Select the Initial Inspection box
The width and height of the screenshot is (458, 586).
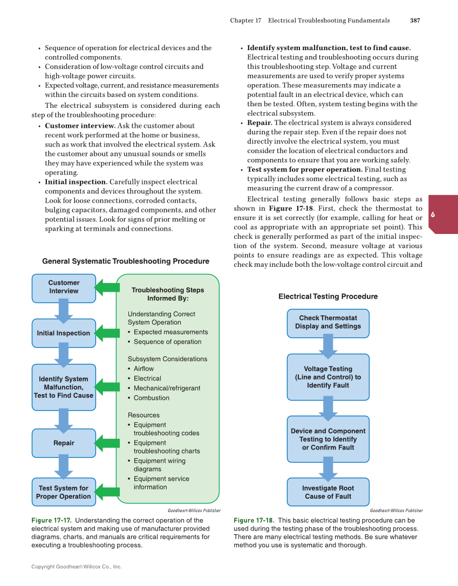[64, 333]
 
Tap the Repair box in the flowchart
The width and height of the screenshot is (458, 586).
[64, 443]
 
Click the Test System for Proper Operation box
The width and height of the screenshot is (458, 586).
[64, 492]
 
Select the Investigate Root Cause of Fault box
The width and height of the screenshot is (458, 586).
[328, 492]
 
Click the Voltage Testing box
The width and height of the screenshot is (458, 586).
[328, 377]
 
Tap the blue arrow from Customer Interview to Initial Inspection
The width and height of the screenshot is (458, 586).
[64, 311]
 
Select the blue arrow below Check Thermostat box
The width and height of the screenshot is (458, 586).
[328, 346]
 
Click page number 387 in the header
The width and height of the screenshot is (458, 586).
[415, 20]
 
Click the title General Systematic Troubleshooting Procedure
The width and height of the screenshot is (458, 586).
[126, 261]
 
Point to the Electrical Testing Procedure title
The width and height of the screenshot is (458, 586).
[328, 297]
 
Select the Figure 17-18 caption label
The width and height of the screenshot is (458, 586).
[254, 521]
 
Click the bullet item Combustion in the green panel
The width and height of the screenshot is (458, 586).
[151, 398]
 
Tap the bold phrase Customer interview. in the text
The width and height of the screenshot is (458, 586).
[80, 126]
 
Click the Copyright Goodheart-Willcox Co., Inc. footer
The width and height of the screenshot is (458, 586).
[77, 567]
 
